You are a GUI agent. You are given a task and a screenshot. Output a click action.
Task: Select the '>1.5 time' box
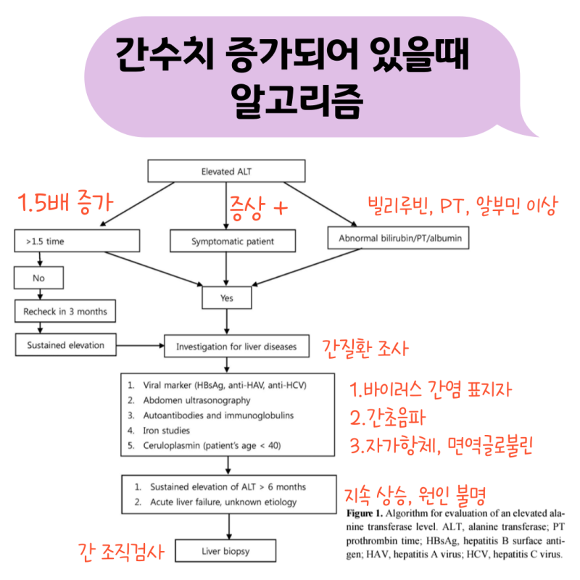tap(75, 240)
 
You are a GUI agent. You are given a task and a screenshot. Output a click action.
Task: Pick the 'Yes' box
tap(227, 297)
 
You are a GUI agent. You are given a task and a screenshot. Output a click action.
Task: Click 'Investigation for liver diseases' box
tap(236, 347)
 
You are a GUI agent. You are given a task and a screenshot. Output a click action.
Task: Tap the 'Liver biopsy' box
tap(225, 551)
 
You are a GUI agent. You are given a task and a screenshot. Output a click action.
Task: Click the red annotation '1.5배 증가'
tap(65, 201)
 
